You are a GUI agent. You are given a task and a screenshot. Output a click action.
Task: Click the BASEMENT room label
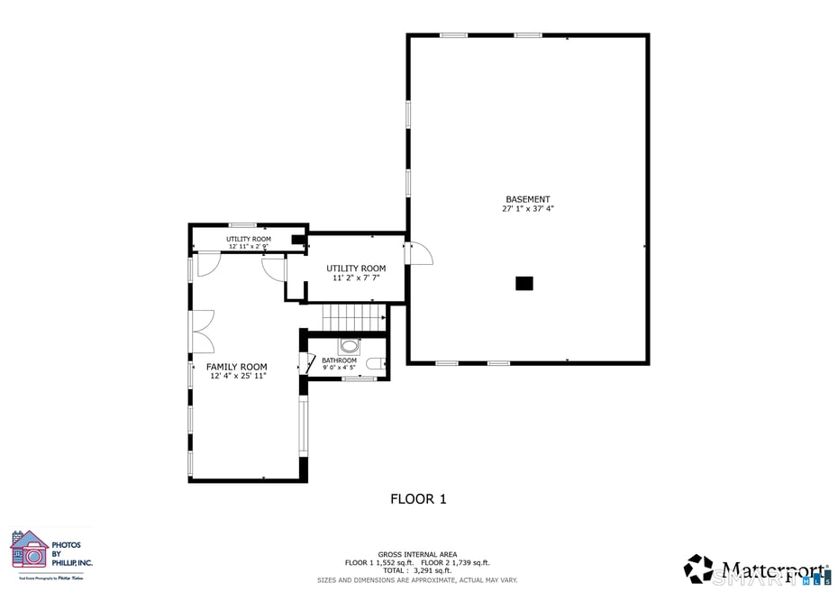coord(527,199)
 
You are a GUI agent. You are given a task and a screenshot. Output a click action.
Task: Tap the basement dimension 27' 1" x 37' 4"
coord(527,209)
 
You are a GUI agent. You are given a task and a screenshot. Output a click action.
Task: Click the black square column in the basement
coord(524,284)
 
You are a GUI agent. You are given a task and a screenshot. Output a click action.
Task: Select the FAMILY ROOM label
coord(236,367)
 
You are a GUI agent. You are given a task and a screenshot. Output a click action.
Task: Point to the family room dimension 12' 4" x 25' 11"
coord(237,377)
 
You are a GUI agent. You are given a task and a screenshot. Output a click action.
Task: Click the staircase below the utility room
coord(354,318)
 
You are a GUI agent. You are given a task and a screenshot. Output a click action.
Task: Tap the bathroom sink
coord(349,347)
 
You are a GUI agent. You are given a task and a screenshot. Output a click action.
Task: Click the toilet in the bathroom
coord(376,364)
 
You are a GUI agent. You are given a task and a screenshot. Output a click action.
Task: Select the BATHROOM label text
coord(339,360)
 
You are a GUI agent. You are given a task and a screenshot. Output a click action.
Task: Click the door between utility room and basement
coord(419,253)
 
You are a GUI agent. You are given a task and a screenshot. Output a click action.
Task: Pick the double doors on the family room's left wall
coord(202,331)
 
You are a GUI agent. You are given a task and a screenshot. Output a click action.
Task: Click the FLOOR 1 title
coord(418,498)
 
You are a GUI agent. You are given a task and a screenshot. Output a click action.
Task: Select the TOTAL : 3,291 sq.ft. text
coord(417,570)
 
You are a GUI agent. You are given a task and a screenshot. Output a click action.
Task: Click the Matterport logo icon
coord(698,569)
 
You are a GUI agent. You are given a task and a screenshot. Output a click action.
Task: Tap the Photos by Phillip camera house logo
coord(29,550)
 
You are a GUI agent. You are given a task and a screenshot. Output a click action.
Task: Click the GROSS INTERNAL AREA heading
coord(417,554)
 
